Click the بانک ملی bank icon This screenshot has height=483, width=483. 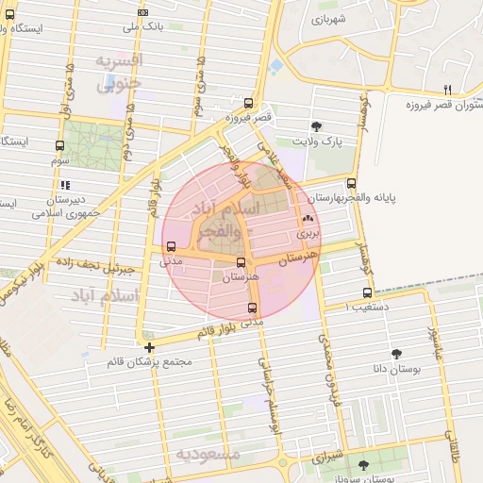(x=142, y=12)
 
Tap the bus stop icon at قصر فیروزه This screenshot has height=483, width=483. (x=248, y=104)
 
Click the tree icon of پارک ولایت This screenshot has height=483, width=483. (x=315, y=125)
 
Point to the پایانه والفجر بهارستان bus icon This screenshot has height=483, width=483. (x=352, y=183)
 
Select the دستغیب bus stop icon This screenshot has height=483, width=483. (x=367, y=292)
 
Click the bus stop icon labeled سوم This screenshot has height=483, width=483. (x=60, y=146)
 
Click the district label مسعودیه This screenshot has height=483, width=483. (x=208, y=455)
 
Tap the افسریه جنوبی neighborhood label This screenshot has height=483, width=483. (x=118, y=72)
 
